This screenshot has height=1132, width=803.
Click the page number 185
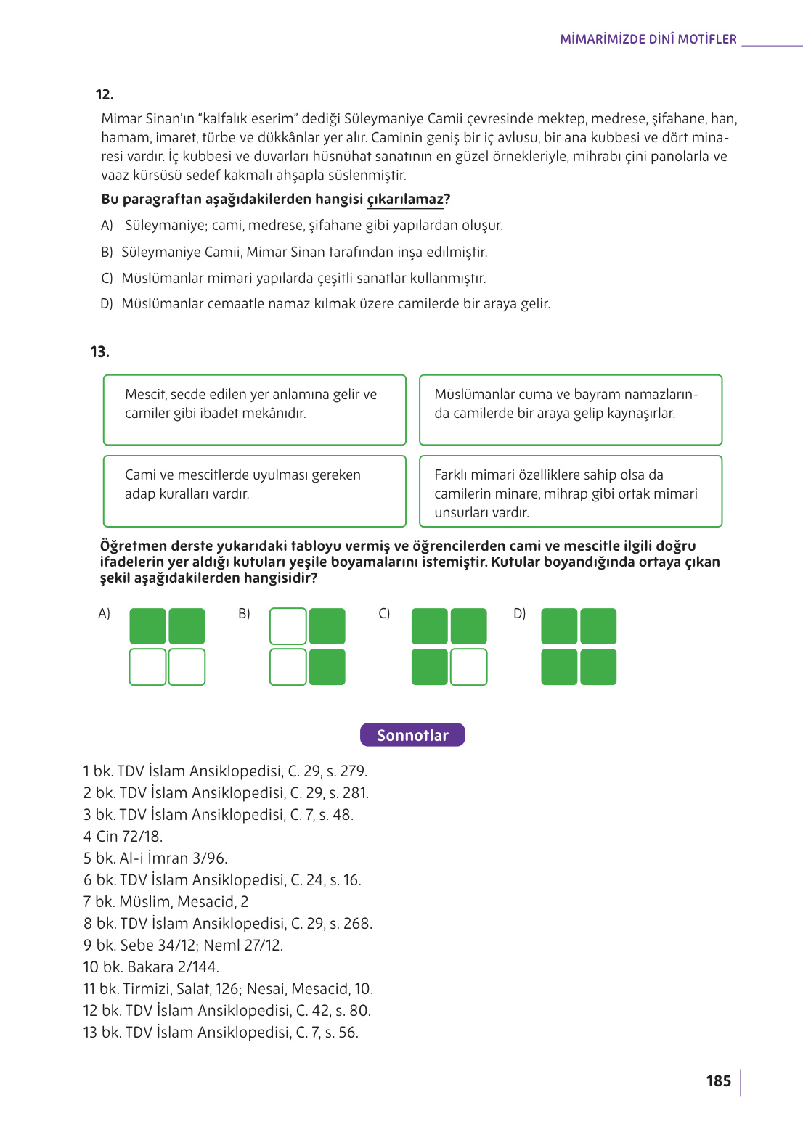click(718, 1080)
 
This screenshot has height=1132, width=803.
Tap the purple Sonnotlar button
click(412, 735)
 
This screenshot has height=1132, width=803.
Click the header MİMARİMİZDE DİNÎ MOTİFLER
click(648, 39)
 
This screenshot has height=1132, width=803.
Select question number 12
click(105, 94)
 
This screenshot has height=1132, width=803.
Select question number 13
click(100, 352)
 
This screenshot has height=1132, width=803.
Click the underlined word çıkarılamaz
click(405, 200)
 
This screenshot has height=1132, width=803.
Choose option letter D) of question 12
click(107, 303)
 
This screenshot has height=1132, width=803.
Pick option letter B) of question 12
click(107, 252)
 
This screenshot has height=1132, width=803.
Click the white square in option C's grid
click(468, 667)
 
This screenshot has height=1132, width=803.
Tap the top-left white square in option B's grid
click(288, 626)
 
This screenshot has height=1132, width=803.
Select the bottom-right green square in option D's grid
click(598, 667)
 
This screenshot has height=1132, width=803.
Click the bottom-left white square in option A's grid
click(147, 667)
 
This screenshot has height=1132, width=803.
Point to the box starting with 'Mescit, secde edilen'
click(254, 409)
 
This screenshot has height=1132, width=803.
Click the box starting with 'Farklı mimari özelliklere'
click(571, 491)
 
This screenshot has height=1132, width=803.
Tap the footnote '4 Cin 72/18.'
click(123, 836)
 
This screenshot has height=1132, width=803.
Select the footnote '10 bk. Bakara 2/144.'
click(151, 967)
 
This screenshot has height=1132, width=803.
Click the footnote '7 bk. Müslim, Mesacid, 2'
click(166, 901)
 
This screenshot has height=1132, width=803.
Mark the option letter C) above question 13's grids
click(384, 613)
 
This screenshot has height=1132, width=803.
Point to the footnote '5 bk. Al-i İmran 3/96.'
click(155, 858)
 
